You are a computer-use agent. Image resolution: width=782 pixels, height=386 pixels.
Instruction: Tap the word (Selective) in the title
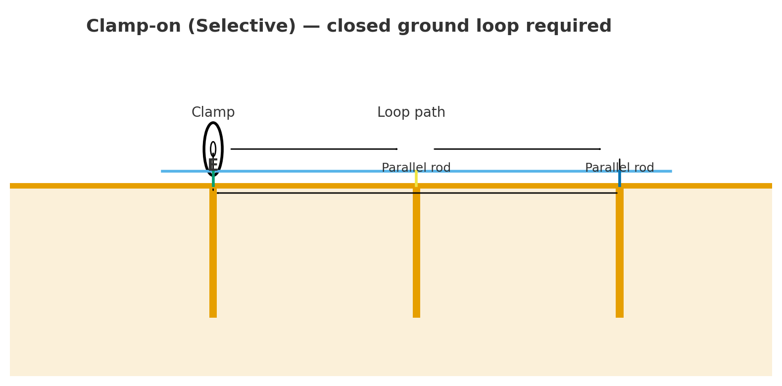[242, 27]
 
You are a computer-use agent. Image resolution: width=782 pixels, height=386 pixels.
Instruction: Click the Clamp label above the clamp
[213, 113]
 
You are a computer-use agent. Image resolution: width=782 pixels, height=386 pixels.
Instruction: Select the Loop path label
[411, 113]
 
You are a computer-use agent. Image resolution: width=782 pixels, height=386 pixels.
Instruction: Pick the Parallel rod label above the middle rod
[416, 168]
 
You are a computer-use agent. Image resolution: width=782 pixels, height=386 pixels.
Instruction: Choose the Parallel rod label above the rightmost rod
[619, 168]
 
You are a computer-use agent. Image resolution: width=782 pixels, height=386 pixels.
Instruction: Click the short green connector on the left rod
[213, 180]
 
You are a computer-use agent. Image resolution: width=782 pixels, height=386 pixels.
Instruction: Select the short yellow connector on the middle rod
[416, 179]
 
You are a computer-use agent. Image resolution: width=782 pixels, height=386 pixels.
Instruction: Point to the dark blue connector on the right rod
[619, 179]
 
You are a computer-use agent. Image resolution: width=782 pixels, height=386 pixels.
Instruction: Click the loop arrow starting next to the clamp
[314, 149]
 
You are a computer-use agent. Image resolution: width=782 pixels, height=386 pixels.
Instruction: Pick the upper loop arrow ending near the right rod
[517, 149]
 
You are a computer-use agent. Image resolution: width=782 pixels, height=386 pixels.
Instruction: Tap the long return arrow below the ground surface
[417, 193]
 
